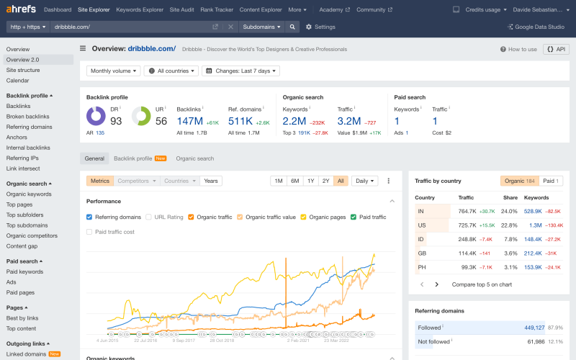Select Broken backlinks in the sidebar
coord(28,117)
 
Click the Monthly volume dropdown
coord(114,71)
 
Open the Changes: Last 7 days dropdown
coord(240,71)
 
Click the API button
coord(556,49)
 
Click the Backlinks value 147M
coord(191,121)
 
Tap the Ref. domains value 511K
coord(240,121)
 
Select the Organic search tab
coord(194,158)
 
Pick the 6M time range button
coord(294,181)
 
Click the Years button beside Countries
coord(211,181)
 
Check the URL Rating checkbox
coord(148,217)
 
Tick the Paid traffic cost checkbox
coord(89,232)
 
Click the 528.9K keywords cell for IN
coord(533,211)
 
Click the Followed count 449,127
coord(534,328)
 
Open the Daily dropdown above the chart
coord(364,181)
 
